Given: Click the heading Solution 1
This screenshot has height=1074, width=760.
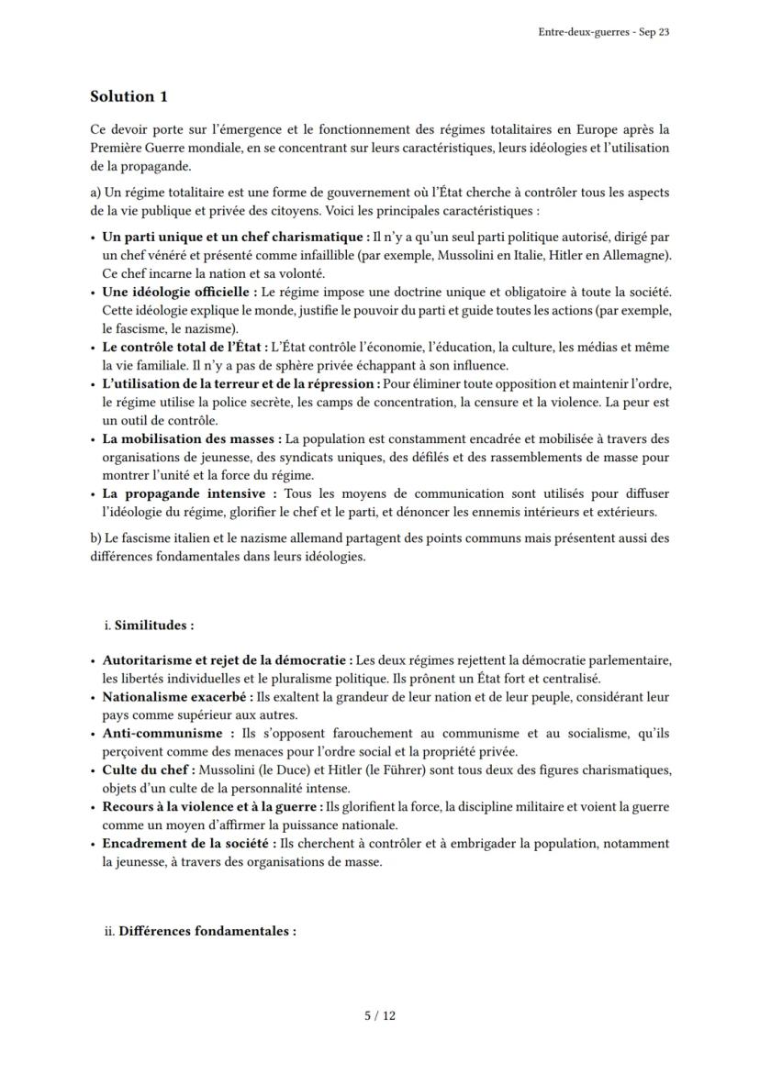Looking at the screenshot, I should (129, 96).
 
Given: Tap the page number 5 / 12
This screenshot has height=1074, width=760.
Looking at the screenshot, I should (380, 1015).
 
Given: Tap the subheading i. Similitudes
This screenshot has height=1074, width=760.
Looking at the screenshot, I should (150, 626).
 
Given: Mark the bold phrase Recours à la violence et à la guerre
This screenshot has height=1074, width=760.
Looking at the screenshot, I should (212, 806).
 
